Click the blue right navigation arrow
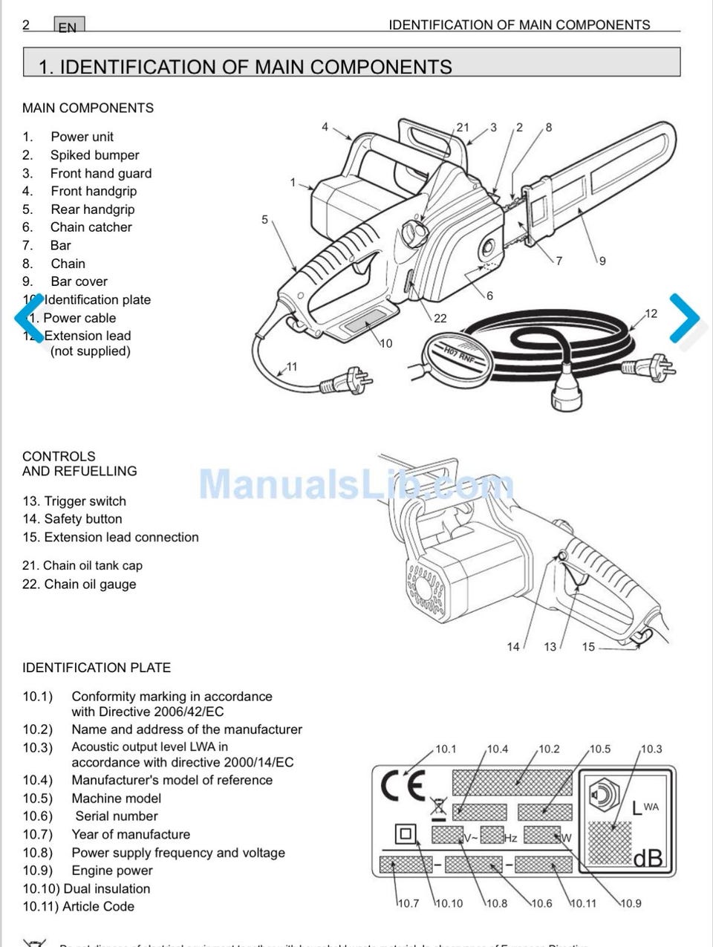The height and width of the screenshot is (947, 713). (685, 318)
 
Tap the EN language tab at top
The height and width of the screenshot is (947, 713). (68, 27)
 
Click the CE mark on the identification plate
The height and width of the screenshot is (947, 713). (403, 786)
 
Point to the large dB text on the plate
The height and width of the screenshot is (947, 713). (648, 859)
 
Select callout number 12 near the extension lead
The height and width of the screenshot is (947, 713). (651, 313)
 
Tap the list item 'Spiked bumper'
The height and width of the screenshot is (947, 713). (94, 155)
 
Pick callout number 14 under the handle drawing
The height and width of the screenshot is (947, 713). (513, 647)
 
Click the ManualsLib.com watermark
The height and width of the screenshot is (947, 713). (356, 484)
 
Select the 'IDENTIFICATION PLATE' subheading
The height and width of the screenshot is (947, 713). (97, 668)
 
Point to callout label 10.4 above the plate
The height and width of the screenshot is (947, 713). (498, 749)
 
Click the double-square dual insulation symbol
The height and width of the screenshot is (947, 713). (405, 834)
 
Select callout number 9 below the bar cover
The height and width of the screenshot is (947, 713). (602, 261)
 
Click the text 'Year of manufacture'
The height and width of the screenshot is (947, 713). (131, 834)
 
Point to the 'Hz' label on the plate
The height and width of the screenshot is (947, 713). (510, 838)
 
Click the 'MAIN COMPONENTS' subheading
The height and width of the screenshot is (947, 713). (88, 108)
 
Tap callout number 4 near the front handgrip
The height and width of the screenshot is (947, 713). (325, 127)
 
